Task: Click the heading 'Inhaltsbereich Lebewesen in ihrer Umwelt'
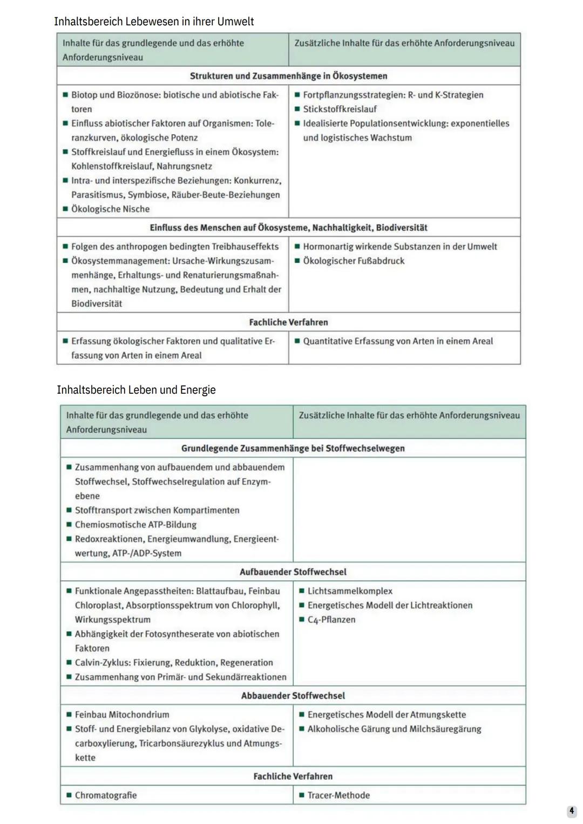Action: point(154,22)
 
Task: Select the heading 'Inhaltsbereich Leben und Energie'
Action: point(136,390)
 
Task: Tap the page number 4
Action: point(572,811)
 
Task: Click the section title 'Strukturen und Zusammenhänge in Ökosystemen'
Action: point(288,76)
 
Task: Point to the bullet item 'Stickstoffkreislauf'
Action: point(340,109)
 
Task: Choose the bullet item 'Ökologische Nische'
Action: point(110,209)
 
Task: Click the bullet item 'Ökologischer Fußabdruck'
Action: point(354,260)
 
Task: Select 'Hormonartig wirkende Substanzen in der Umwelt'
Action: point(399,246)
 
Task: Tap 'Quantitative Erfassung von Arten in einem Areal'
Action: point(398,341)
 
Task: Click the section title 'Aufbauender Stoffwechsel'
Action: point(293,572)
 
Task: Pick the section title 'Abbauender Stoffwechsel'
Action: point(293,696)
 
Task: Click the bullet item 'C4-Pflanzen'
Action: point(331,620)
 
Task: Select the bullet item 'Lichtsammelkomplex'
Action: point(350,591)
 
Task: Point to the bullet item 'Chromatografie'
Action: point(106,795)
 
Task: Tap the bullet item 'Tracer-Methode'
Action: point(338,795)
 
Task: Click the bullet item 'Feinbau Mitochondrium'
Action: point(122,715)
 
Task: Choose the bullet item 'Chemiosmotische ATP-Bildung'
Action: point(135,524)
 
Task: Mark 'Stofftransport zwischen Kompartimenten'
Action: point(157,510)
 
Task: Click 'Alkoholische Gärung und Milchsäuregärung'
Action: point(394,729)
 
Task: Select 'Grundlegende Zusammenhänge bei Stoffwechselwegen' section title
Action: point(293,448)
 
